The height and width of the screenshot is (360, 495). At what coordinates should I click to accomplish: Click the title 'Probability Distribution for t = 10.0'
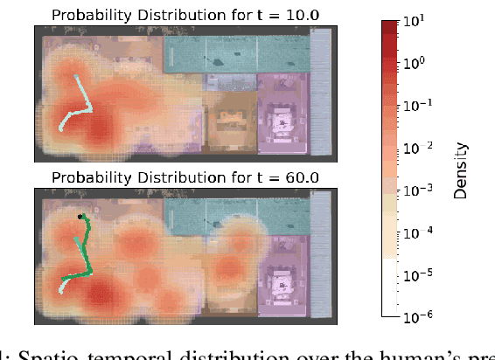click(184, 13)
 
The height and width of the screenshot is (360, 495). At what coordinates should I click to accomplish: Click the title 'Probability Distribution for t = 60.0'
click(184, 177)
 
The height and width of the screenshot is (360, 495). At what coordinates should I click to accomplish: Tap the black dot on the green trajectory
click(80, 216)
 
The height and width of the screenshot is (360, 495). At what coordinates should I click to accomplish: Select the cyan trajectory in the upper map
click(79, 100)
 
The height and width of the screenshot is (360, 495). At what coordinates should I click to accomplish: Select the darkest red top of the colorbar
click(389, 26)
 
